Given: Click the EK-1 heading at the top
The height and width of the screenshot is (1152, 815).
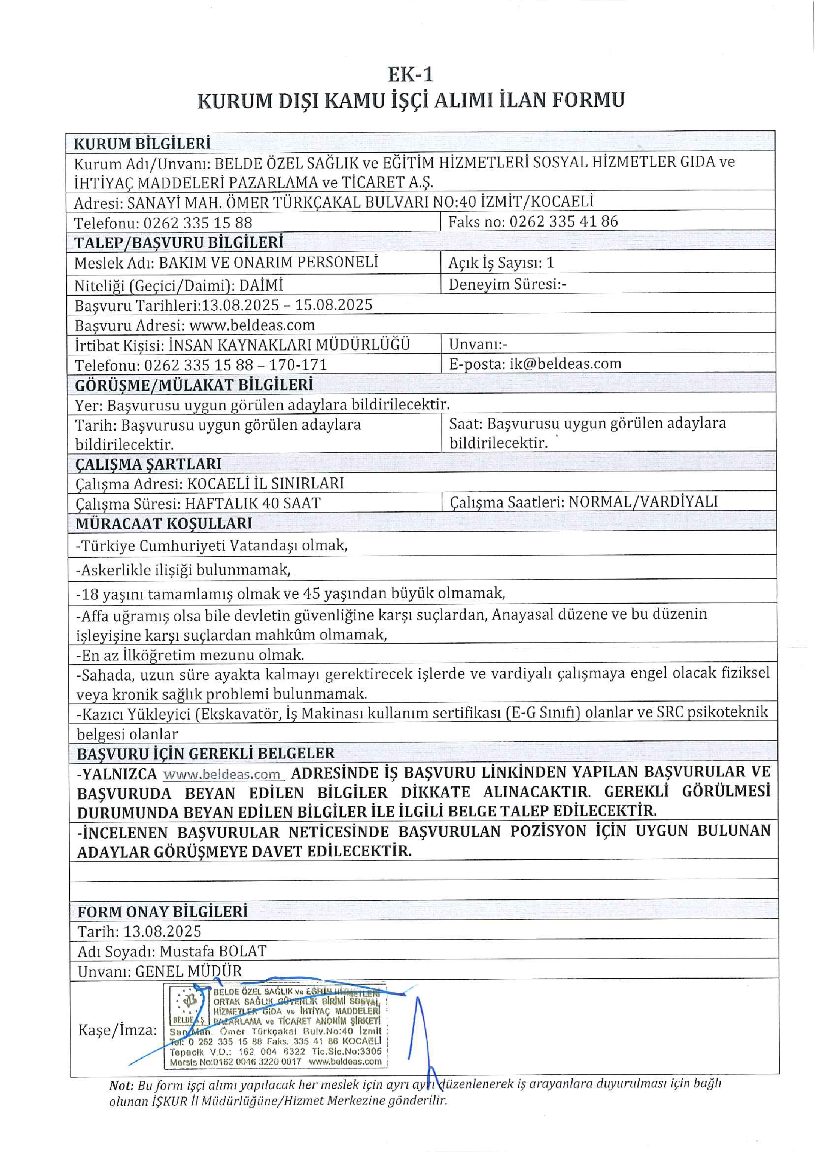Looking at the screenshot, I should pos(410,75).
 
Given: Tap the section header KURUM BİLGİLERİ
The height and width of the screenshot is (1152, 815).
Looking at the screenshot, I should pos(142,143).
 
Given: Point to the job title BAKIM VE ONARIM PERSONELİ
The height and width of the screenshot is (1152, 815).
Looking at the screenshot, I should pos(269,262).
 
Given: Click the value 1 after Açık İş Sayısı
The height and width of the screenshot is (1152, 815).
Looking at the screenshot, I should pos(550,263).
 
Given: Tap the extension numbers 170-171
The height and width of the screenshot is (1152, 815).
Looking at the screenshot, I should pos(298,365).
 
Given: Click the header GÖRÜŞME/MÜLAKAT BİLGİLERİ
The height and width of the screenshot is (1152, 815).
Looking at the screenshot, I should pos(194,385).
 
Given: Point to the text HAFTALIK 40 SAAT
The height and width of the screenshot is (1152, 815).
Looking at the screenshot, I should pos(253,503).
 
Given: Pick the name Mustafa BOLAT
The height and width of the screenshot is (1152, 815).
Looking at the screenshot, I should pos(213,951).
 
